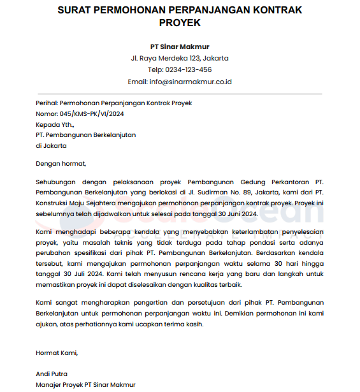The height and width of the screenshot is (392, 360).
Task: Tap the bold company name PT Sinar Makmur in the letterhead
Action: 180,47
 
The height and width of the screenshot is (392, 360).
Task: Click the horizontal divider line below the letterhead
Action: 180,94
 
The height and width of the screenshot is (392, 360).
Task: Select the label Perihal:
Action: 47,103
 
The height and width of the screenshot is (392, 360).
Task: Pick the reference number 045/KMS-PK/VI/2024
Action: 92,113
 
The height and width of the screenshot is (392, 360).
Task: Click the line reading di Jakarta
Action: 51,145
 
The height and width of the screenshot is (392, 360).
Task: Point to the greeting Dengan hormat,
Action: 61,164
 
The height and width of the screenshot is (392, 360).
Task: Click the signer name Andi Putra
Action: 52,374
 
